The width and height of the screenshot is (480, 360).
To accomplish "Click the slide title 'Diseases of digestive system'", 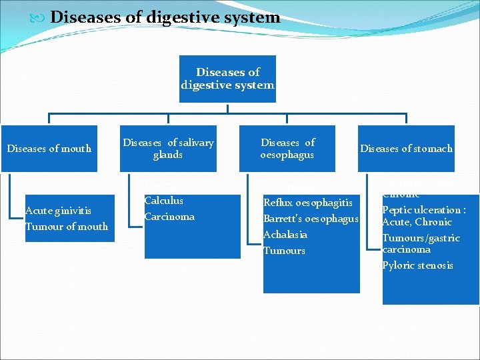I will pos(165,17).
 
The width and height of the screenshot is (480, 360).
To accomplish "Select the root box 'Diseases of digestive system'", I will pos(227,79).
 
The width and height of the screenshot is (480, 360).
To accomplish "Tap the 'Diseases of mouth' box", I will pos(49,149).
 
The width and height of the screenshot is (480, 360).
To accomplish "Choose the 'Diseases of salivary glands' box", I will pos(168,149).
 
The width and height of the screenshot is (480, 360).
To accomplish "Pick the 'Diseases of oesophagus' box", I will pos(287,149).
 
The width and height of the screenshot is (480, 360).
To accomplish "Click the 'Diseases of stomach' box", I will pos(406,149).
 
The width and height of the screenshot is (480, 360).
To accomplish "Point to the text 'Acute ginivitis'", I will pos(58,211).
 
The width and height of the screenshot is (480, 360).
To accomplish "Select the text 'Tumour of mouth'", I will pos(67,227).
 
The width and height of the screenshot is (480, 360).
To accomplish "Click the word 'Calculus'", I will pos(163,201).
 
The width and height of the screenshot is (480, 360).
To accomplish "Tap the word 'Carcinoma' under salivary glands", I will pos(169,217).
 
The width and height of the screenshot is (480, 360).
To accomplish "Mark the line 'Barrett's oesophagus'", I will pos(311,219).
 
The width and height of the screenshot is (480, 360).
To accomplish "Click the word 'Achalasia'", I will pos(285,235).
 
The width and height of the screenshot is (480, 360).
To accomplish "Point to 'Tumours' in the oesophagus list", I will pos(284,251).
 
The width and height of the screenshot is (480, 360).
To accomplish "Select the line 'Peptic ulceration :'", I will pos(424,210).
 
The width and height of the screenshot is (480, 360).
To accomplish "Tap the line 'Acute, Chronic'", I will pos(417,222).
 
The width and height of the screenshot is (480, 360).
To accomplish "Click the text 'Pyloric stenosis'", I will pos(417,265).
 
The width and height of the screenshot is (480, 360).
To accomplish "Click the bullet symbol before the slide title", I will pos(40,18).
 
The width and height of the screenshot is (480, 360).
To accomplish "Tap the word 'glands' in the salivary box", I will pos(167,155).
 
